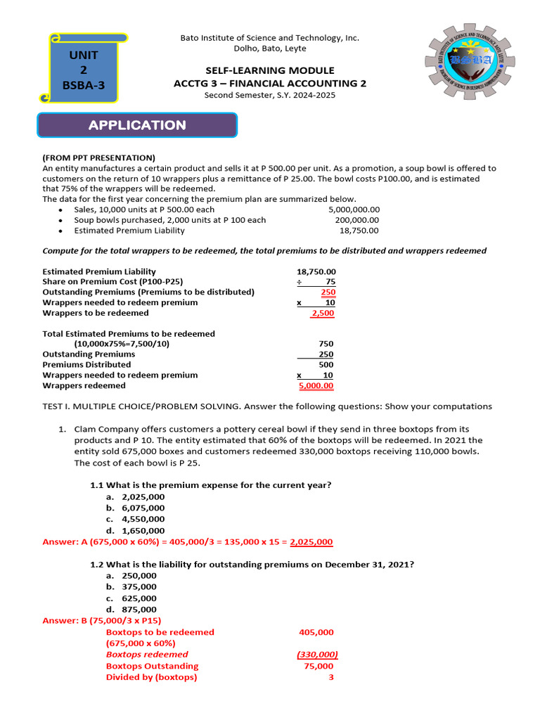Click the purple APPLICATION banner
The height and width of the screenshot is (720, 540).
pyautogui.click(x=137, y=125)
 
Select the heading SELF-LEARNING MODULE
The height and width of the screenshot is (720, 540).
pyautogui.click(x=270, y=70)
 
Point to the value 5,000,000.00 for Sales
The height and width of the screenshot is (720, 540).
pyautogui.click(x=354, y=210)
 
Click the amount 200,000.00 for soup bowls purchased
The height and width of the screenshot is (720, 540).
pyautogui.click(x=357, y=220)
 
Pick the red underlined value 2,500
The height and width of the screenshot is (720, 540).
pyautogui.click(x=323, y=313)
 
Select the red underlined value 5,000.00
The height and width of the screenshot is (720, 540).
pyautogui.click(x=316, y=385)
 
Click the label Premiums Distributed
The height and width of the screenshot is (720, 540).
pyautogui.click(x=86, y=365)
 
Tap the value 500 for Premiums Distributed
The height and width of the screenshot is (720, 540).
pyautogui.click(x=326, y=365)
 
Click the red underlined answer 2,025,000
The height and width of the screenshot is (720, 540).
pyautogui.click(x=311, y=542)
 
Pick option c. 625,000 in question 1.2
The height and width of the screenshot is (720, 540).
pyautogui.click(x=131, y=598)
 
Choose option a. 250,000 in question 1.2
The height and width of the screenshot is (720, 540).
pyautogui.click(x=131, y=575)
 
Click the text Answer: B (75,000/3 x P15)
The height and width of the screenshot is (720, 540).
pyautogui.click(x=102, y=621)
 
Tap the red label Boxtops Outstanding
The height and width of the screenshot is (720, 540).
pyautogui.click(x=152, y=666)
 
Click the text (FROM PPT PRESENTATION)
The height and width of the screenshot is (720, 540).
pyautogui.click(x=99, y=157)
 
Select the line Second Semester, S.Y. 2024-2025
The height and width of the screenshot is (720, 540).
pyautogui.click(x=270, y=95)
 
